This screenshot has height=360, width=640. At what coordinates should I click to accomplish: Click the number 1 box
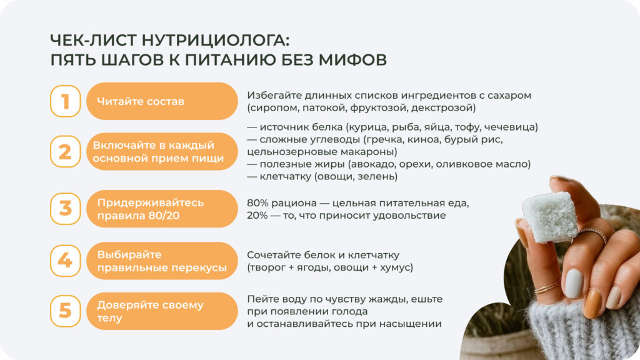pos(66,101)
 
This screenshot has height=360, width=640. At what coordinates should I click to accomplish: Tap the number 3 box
pos(66,207)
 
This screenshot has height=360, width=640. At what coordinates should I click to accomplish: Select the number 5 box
pos(66,311)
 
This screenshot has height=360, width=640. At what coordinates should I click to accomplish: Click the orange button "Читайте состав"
pos(162,101)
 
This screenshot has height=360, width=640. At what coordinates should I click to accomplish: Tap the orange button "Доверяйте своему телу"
pos(162,311)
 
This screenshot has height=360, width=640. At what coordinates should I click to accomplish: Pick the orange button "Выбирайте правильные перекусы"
pos(162,261)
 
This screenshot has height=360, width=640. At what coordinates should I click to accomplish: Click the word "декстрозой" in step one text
pos(446,107)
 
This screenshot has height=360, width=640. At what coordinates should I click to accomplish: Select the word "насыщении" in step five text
pos(414,324)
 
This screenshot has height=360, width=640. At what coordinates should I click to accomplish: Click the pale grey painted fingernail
pos(574,283)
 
